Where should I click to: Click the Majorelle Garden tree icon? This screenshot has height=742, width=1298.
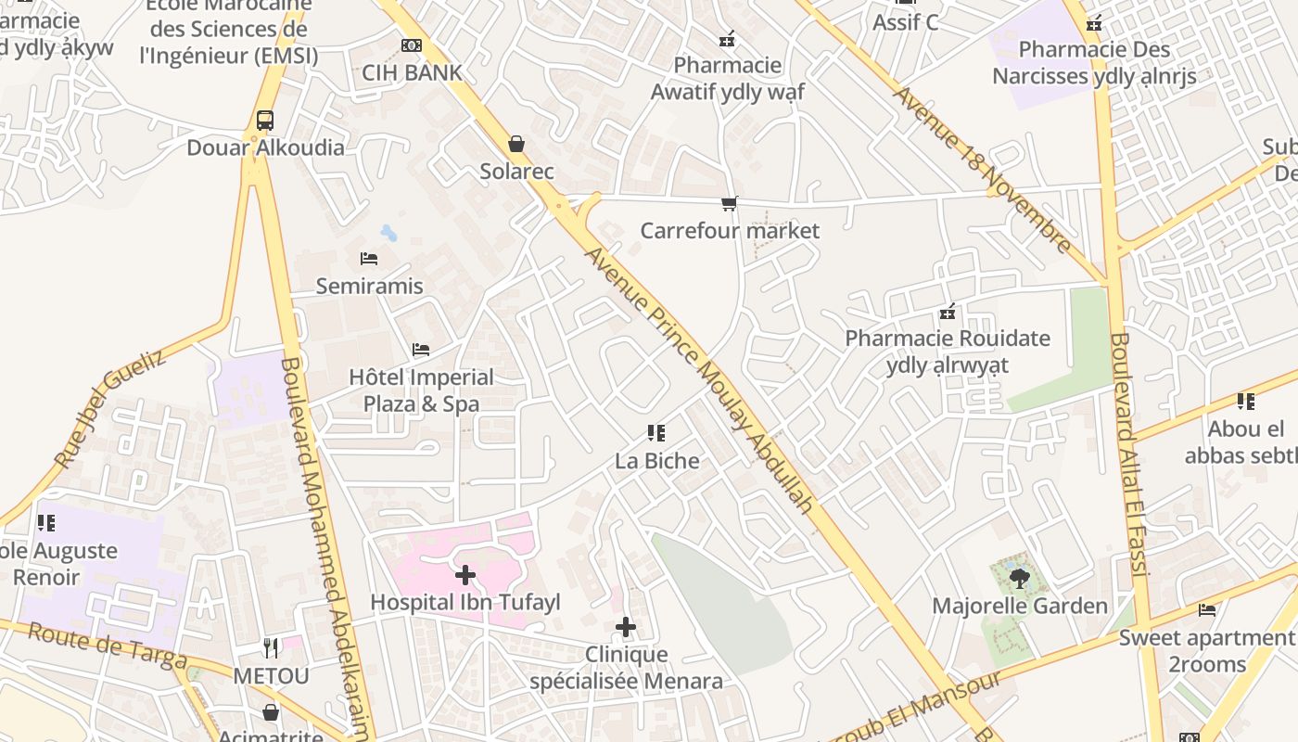click(1019, 580)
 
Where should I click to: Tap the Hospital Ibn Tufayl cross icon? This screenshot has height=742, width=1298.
click(465, 575)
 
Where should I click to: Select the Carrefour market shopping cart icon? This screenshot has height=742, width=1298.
click(730, 203)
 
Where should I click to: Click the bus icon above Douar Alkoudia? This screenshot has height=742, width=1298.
click(265, 121)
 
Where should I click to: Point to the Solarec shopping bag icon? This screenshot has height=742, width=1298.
click(516, 144)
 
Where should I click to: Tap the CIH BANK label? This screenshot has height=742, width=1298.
click(412, 72)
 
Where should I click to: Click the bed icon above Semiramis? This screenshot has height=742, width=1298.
click(369, 259)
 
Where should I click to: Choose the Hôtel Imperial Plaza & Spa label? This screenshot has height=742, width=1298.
click(421, 390)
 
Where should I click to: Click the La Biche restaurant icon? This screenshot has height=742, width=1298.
click(656, 433)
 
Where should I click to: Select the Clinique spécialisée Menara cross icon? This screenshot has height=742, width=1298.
click(626, 628)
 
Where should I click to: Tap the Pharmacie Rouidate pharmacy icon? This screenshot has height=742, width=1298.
click(948, 312)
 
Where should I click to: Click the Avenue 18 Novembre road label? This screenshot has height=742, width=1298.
click(983, 171)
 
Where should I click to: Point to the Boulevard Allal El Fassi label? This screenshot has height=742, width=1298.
click(1129, 454)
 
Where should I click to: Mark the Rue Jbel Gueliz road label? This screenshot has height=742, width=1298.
click(109, 408)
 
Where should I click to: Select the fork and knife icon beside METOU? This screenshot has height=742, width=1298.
click(271, 647)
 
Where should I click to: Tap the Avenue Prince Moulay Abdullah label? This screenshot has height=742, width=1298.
click(700, 380)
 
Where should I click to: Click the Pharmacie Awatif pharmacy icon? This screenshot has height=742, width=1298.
click(728, 39)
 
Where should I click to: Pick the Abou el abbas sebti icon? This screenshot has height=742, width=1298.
click(1246, 402)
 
